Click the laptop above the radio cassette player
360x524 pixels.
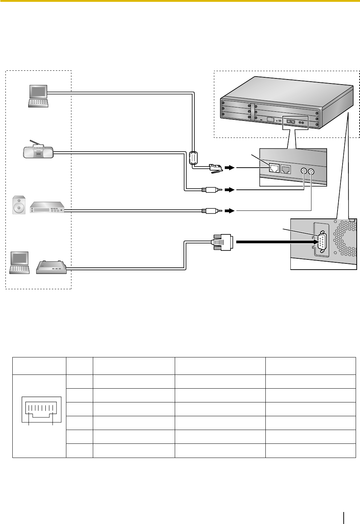pyautogui.click(x=38, y=95)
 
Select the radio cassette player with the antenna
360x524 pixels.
pyautogui.click(x=38, y=151)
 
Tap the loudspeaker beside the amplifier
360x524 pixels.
pyautogui.click(x=19, y=205)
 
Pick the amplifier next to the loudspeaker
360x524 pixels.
pyautogui.click(x=47, y=207)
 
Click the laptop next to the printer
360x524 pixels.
pyautogui.click(x=20, y=262)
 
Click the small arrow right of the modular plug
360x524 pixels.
pyautogui.click(x=229, y=168)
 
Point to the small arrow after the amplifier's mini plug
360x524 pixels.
pyautogui.click(x=229, y=210)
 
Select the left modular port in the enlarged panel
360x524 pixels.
pyautogui.click(x=274, y=168)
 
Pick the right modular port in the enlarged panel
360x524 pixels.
pyautogui.click(x=286, y=169)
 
